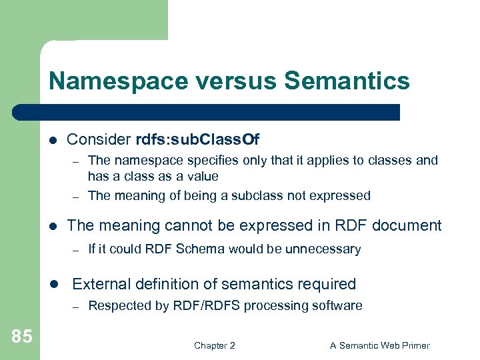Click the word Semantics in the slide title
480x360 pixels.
pos(347,81)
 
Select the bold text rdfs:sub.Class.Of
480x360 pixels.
pos(197,139)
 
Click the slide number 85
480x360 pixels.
pos(21,337)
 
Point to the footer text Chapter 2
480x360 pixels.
pos(214,345)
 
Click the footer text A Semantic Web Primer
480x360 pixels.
pos(380,345)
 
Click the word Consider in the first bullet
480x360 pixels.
pos(99,139)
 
